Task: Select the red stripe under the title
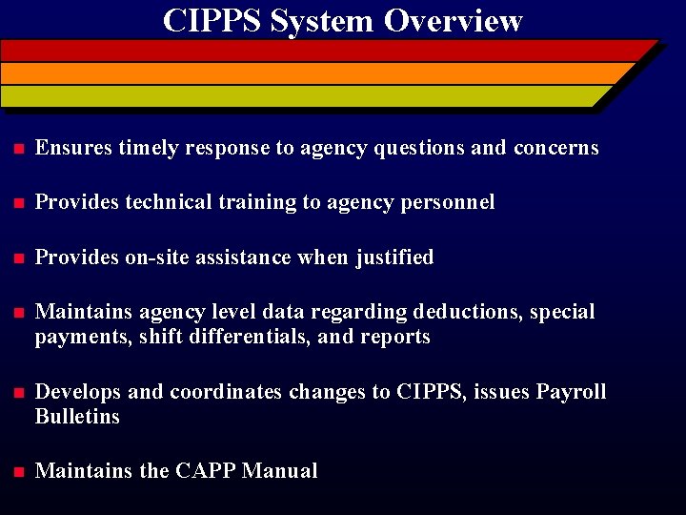tap(324, 51)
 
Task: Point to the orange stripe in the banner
tap(314, 73)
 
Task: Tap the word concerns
tap(555, 148)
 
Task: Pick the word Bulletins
tap(77, 417)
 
